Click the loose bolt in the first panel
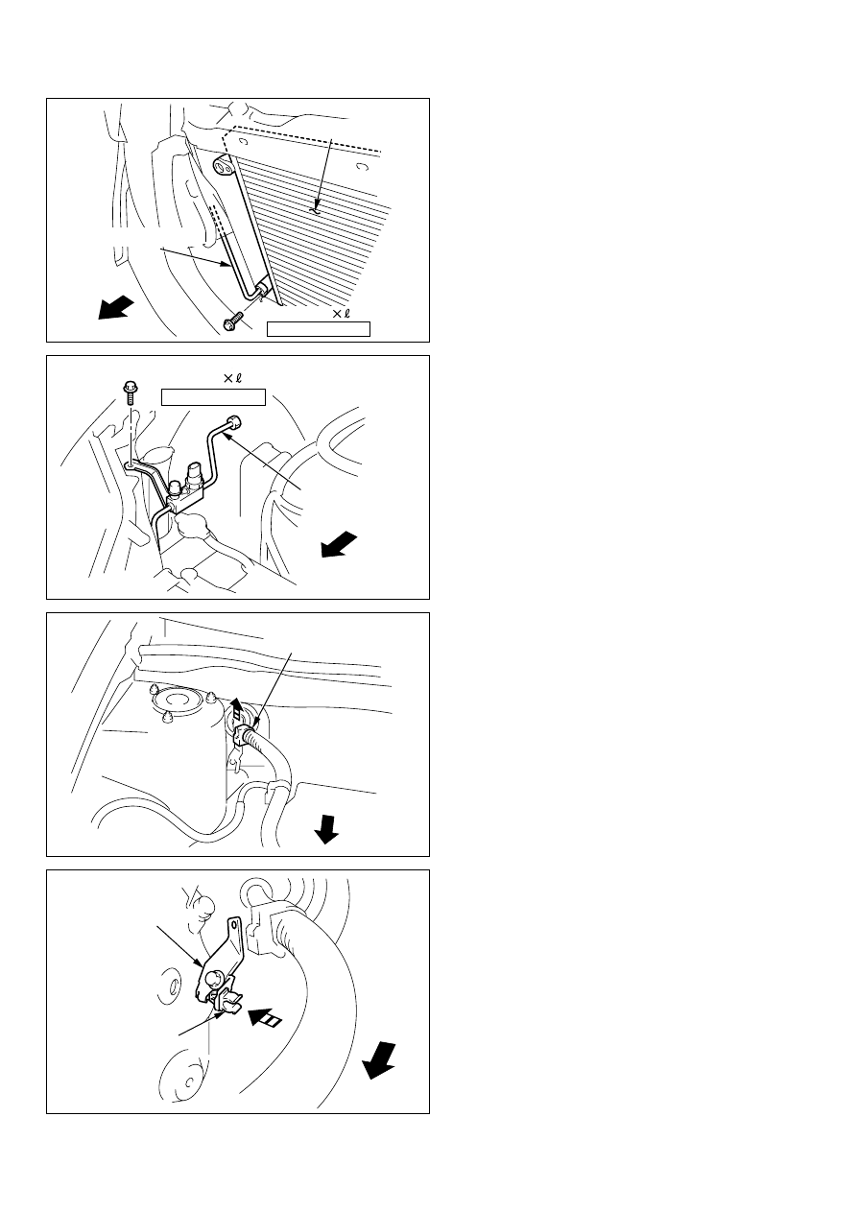[231, 321]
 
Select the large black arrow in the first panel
[115, 307]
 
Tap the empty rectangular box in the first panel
[318, 329]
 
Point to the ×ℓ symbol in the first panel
[341, 313]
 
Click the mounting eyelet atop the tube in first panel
[224, 164]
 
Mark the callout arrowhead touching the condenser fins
[318, 206]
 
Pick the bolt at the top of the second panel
[129, 392]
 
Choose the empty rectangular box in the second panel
[213, 397]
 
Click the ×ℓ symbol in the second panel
[232, 378]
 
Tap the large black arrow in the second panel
[339, 544]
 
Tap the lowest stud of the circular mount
[168, 717]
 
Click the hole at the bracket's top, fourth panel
[234, 924]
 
